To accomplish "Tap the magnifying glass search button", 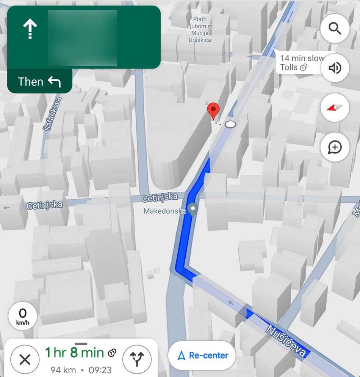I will [x=335, y=28].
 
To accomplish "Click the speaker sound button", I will [x=335, y=68].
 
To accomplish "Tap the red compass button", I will [x=335, y=108].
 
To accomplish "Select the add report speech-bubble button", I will [x=335, y=147].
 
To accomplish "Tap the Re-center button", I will [x=202, y=355].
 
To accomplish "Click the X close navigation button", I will [x=25, y=359].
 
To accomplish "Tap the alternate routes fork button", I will [x=137, y=359].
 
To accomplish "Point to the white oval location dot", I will [x=230, y=124].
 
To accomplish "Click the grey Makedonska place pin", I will [x=193, y=210].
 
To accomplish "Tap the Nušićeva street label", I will [x=285, y=340].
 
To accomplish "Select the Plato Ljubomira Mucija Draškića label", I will [x=200, y=30].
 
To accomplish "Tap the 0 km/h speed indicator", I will [x=23, y=316].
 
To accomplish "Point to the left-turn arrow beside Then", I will [x=54, y=81].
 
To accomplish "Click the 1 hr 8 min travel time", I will [x=74, y=353].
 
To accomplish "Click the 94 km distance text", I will [x=60, y=369].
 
